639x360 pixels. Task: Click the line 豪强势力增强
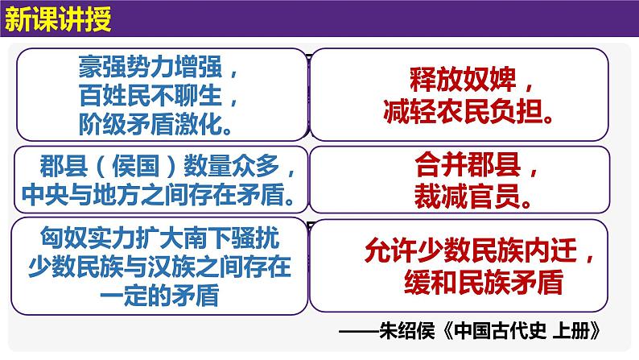[158, 64]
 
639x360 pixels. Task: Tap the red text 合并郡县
[468, 167]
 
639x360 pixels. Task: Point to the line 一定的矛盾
[158, 295]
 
